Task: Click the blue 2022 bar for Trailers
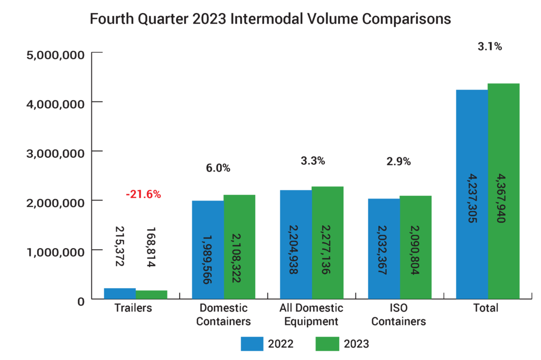pos(120,293)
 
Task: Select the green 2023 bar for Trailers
pos(152,295)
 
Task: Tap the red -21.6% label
pos(143,194)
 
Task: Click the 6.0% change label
pos(218,168)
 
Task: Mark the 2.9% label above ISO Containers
pos(398,162)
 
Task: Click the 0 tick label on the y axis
pos(80,301)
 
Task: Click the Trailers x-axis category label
pos(133,308)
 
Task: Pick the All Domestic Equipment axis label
pos(311,315)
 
